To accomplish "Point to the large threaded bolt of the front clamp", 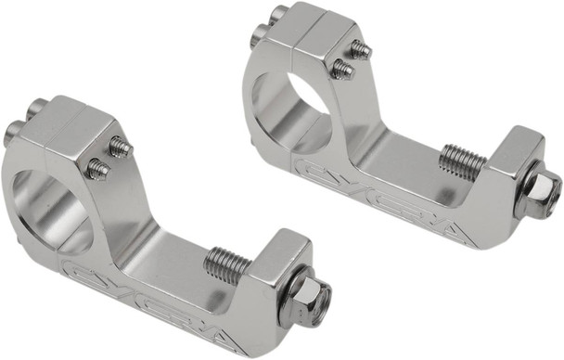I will (x=228, y=264).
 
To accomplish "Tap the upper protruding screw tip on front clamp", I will (x=119, y=146).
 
